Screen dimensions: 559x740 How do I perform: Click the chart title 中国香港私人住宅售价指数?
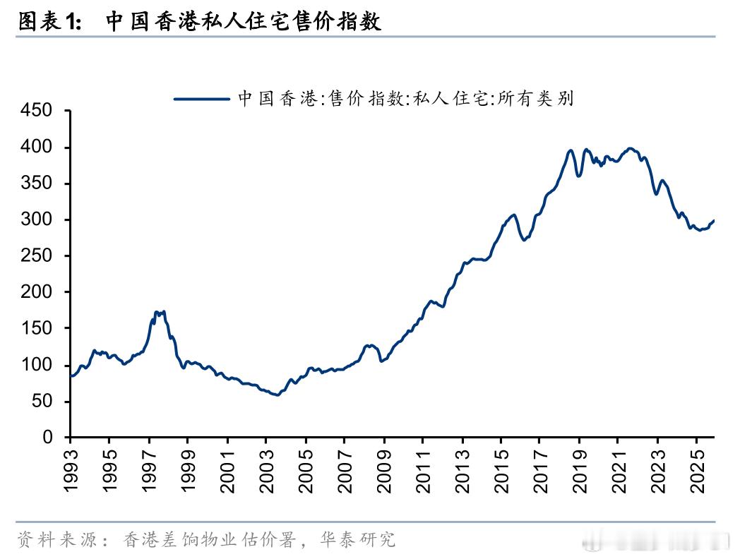click(244, 21)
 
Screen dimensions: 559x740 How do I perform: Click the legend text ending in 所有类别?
click(405, 99)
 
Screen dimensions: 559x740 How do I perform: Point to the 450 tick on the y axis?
click(37, 111)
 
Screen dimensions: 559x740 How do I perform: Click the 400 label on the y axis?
click(37, 148)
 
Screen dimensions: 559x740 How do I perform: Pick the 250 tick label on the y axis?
click(37, 256)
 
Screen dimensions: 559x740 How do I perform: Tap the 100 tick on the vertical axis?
click(37, 365)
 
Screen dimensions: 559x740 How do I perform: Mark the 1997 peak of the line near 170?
click(158, 312)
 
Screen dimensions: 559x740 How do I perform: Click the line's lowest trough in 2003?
click(276, 395)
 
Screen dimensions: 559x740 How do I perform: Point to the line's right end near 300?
click(713, 221)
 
